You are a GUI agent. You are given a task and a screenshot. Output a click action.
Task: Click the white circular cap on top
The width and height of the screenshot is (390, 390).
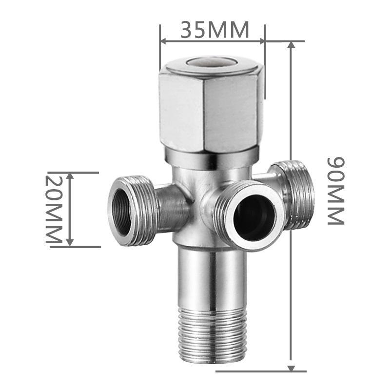point(212,63)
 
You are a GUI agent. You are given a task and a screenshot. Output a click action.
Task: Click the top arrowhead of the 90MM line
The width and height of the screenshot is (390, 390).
point(292,45)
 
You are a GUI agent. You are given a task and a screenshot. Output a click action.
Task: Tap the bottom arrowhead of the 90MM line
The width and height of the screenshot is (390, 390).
point(292,368)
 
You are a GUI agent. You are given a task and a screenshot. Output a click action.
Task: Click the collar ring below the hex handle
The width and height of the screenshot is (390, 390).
point(212,158)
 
